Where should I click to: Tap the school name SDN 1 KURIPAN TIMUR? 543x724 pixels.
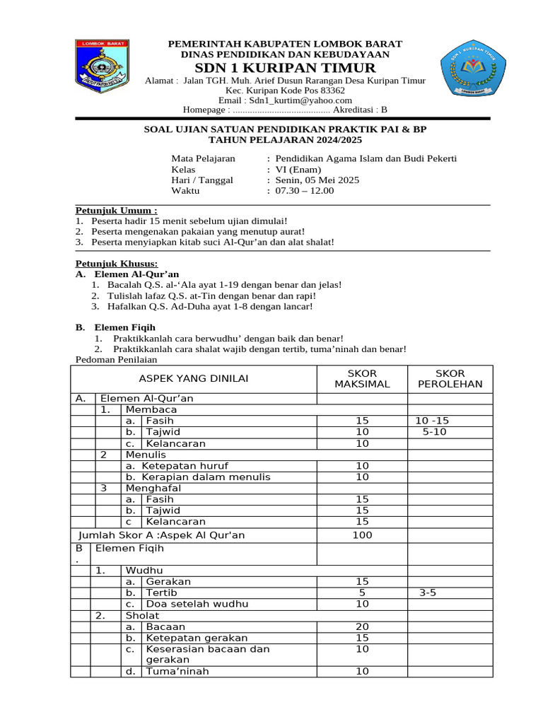[286, 68]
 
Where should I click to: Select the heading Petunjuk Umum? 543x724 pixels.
[117, 211]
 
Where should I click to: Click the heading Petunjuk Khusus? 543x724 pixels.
[117, 264]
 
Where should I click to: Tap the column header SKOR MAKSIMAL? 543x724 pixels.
[362, 378]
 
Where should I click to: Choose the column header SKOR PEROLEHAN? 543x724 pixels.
[450, 378]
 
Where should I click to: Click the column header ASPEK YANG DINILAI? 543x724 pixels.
[193, 378]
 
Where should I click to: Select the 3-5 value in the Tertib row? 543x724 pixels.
[428, 592]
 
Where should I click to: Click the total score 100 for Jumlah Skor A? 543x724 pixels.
[362, 535]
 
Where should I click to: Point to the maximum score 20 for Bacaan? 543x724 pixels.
[362, 626]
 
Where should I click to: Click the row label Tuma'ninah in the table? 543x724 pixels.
[177, 672]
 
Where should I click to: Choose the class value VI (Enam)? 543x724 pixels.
[298, 169]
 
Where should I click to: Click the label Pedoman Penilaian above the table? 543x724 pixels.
[114, 360]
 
